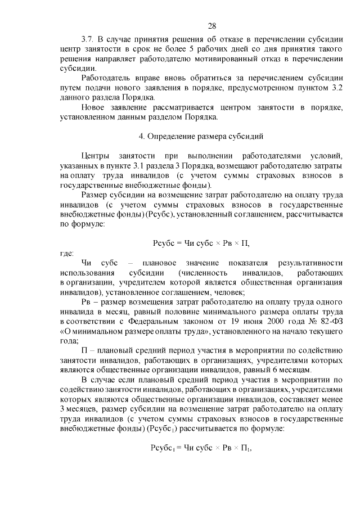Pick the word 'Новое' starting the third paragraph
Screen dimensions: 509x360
click(x=93, y=107)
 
